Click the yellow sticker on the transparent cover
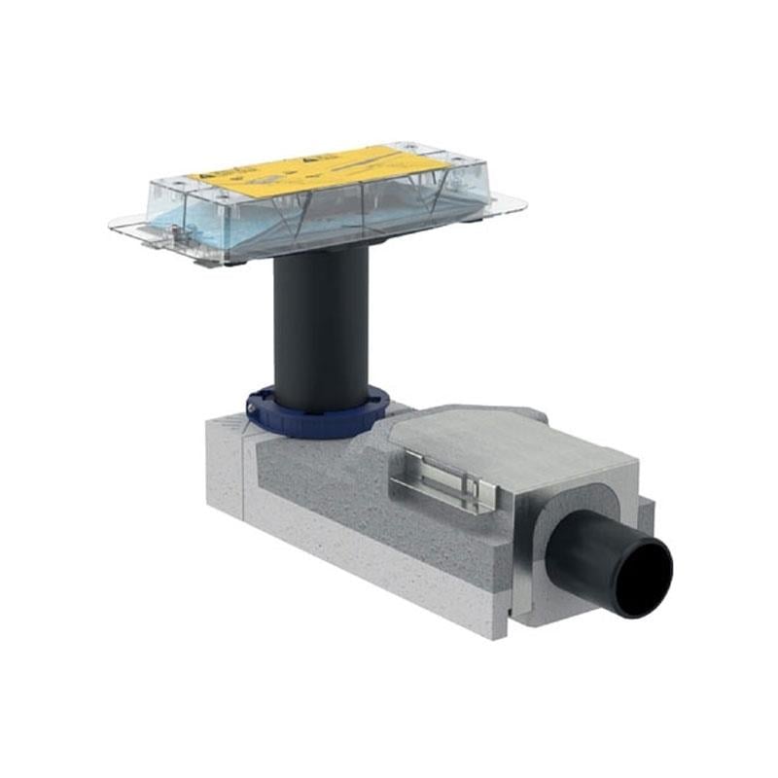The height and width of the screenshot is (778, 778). click(x=311, y=169)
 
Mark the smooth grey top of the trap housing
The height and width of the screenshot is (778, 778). click(x=506, y=442)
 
